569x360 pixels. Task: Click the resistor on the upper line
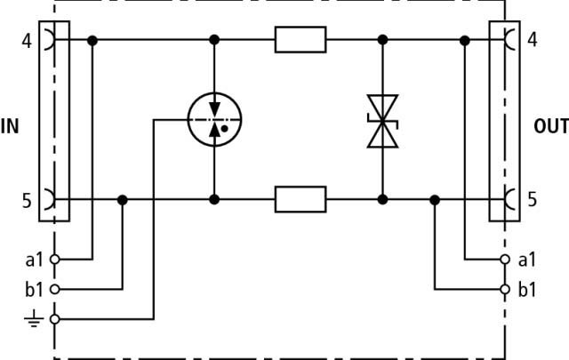(x=301, y=40)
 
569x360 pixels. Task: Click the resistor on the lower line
(x=301, y=199)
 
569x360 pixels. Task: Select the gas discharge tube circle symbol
(x=214, y=119)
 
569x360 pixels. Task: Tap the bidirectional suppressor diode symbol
(x=382, y=121)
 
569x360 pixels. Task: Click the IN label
(x=10, y=126)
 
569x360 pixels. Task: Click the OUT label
(x=551, y=126)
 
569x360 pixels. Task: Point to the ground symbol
(x=34, y=318)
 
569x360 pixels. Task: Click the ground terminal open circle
(x=55, y=319)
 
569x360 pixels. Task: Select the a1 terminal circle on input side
(x=55, y=260)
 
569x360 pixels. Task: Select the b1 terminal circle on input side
(x=55, y=289)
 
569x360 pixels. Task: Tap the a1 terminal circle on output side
(x=505, y=260)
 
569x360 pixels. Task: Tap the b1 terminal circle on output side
(x=505, y=289)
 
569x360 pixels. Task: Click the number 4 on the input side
(x=27, y=41)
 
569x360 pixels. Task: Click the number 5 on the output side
(x=532, y=199)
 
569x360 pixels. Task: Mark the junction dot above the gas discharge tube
(x=214, y=40)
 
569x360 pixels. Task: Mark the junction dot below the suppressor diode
(x=382, y=199)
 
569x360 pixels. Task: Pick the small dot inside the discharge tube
(x=224, y=129)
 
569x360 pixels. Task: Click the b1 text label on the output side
(x=527, y=290)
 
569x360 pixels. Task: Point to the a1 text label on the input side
(x=35, y=260)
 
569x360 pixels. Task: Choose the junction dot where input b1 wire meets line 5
(x=123, y=200)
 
